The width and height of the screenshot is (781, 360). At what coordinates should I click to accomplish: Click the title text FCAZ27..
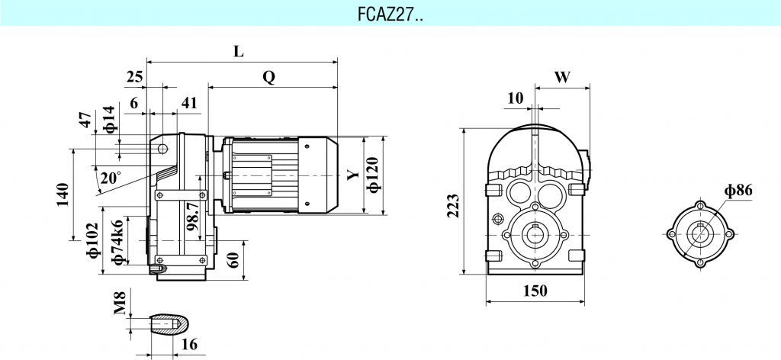[x=390, y=13]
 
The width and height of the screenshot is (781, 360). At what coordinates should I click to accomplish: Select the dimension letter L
[x=239, y=52]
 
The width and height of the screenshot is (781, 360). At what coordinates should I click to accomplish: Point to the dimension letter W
[x=562, y=77]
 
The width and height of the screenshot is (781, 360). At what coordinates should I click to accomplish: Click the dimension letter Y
[x=352, y=175]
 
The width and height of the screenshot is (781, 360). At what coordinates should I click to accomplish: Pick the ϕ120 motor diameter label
[x=373, y=175]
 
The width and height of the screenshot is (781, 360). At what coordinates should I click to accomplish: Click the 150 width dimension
[x=537, y=291]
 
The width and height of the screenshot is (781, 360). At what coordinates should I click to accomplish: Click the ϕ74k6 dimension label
[x=117, y=243]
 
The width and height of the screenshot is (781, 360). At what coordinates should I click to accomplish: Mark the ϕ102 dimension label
[x=95, y=240]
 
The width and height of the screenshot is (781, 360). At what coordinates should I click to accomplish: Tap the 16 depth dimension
[x=189, y=345]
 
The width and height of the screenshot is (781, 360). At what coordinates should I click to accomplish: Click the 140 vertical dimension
[x=63, y=194]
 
